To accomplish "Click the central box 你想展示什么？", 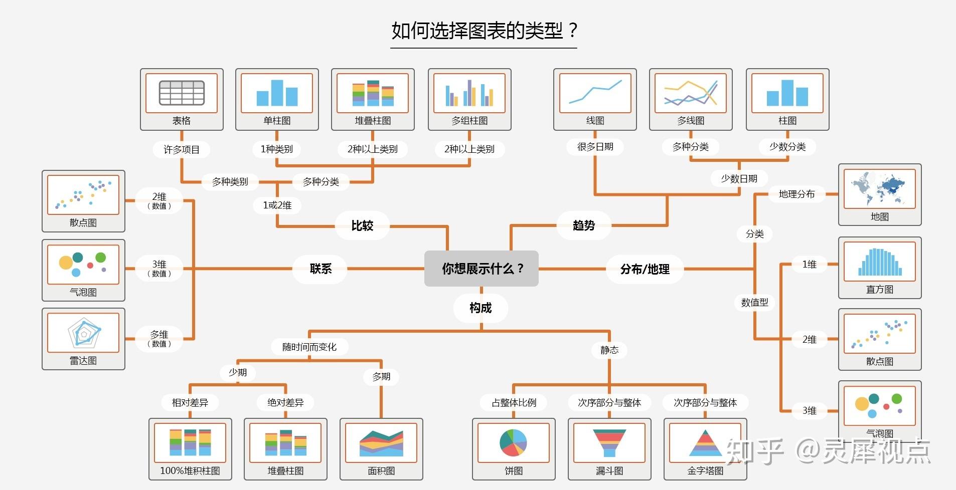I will [x=482, y=269].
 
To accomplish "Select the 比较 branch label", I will [x=362, y=225].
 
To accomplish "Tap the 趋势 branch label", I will [x=584, y=225].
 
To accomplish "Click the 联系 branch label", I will [x=321, y=269].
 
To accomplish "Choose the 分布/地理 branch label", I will [x=645, y=269].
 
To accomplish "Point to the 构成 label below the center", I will [x=481, y=308].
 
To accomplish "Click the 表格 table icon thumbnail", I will [x=182, y=93].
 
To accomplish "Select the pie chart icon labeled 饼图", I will [x=513, y=442].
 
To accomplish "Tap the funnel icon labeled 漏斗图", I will [x=609, y=442].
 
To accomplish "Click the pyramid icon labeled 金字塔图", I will [x=705, y=442].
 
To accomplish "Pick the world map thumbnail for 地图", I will [x=879, y=189].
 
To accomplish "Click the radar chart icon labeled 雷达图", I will [x=83, y=333].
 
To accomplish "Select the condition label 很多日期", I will [x=595, y=147].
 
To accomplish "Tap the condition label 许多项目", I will [x=182, y=149].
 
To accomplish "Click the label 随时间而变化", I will [x=309, y=347].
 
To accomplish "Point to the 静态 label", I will [x=609, y=350].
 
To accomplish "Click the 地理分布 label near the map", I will [x=796, y=194].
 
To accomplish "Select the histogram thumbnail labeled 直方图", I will [x=879, y=261].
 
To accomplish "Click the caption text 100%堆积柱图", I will [x=190, y=470].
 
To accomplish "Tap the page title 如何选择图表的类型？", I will [x=484, y=31].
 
